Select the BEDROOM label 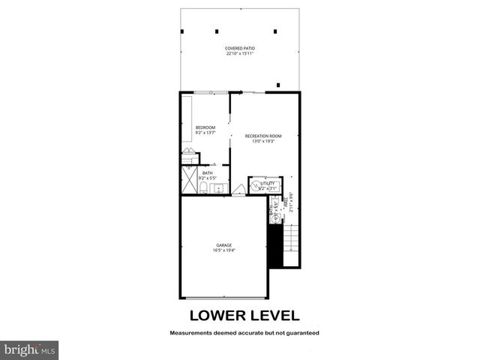pyautogui.click(x=205, y=127)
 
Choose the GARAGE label pyautogui.click(x=223, y=244)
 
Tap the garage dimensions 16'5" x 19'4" pyautogui.click(x=223, y=250)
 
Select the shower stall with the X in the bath pyautogui.click(x=187, y=181)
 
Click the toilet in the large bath pyautogui.click(x=203, y=187)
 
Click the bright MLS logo pyautogui.click(x=29, y=350)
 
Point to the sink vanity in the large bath pyautogui.click(x=219, y=187)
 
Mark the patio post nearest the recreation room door pyautogui.click(x=279, y=85)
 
